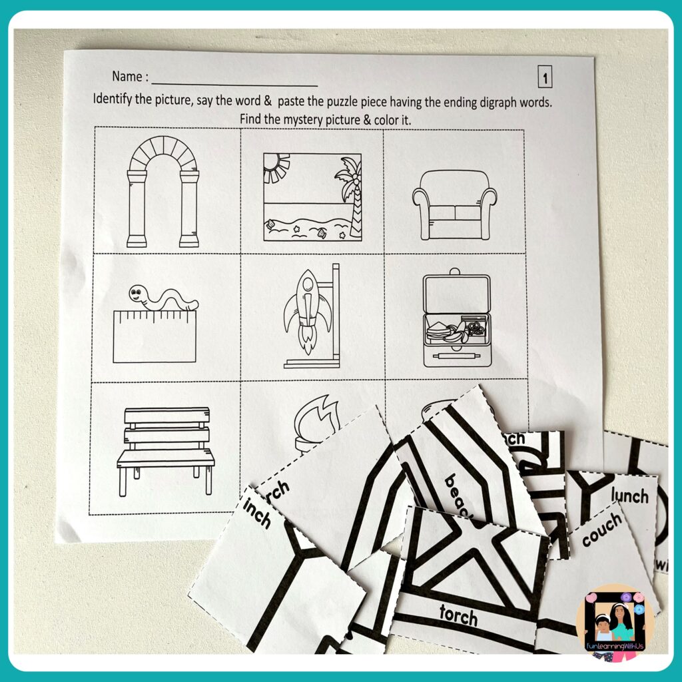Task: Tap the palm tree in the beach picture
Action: tap(349, 189)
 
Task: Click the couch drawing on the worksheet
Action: tap(454, 204)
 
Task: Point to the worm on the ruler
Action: tap(163, 297)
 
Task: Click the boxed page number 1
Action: tap(545, 79)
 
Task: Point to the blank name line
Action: tap(234, 84)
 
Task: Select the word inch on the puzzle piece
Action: tap(257, 514)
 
